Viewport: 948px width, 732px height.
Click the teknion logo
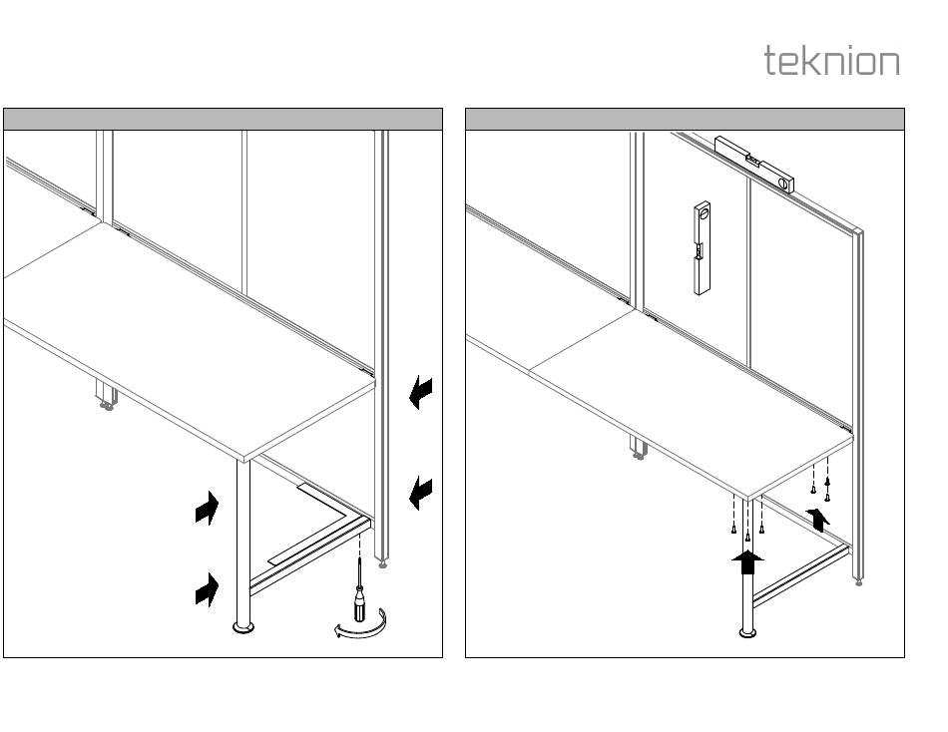(831, 61)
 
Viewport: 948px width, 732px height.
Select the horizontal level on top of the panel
(754, 163)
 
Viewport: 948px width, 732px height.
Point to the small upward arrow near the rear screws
(820, 518)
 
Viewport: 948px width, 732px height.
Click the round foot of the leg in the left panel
(242, 627)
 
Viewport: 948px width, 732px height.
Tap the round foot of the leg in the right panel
(747, 631)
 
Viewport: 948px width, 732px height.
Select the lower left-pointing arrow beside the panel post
(422, 491)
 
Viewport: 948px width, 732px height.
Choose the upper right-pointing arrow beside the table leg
(207, 510)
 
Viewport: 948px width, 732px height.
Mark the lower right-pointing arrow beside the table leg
(207, 591)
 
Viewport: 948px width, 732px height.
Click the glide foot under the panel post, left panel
(384, 563)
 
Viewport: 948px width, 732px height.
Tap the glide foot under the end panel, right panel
(859, 581)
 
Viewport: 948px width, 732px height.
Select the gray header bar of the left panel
(223, 120)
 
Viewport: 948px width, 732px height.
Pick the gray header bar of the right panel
(685, 120)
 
